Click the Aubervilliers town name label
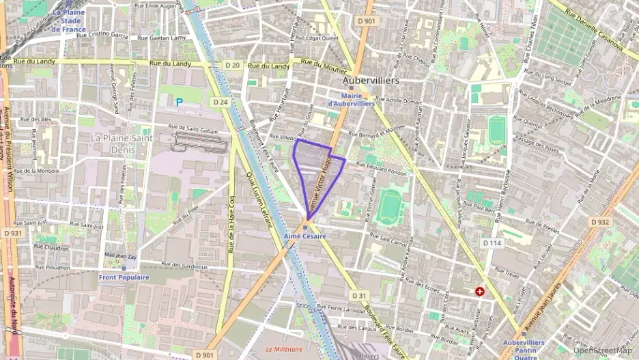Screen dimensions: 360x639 click(x=371, y=81)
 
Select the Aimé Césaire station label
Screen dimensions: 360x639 click(x=304, y=236)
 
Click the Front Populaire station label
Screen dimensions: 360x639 click(x=124, y=277)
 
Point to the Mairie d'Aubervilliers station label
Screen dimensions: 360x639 click(x=351, y=100)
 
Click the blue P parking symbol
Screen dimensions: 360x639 click(x=180, y=102)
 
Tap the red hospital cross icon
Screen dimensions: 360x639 click(x=480, y=291)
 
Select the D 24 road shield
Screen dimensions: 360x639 click(x=220, y=102)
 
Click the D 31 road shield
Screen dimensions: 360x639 click(x=360, y=295)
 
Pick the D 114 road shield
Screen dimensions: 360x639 click(x=492, y=243)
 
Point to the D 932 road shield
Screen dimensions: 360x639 click(x=599, y=222)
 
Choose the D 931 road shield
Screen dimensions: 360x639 click(x=12, y=234)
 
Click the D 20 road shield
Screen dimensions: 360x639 click(x=232, y=66)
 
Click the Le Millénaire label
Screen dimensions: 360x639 click(x=284, y=349)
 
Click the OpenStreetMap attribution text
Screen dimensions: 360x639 click(x=603, y=350)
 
